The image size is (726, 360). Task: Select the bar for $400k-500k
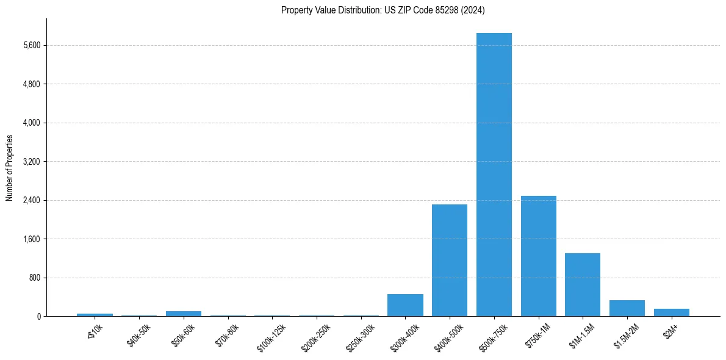point(449,261)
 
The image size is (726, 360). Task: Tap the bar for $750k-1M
point(538,256)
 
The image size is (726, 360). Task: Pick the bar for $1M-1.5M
point(583,285)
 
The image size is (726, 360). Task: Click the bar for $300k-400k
point(405,305)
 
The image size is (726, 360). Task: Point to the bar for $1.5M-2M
point(627,308)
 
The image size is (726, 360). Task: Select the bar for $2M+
point(672,312)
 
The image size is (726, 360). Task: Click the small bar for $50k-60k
point(184,314)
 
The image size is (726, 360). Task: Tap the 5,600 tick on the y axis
point(31,45)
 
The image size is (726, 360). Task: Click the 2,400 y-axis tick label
point(31,200)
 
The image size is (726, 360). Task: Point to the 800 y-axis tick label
point(34,278)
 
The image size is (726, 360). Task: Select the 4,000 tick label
point(31,123)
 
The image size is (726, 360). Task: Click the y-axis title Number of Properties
point(10,168)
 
